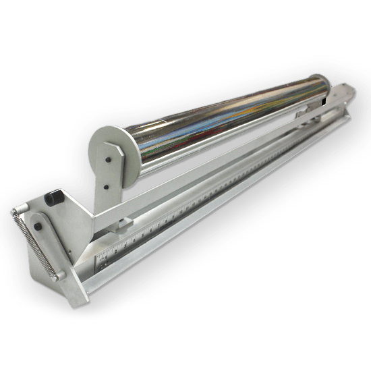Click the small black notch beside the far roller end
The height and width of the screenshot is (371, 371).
point(326,102)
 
